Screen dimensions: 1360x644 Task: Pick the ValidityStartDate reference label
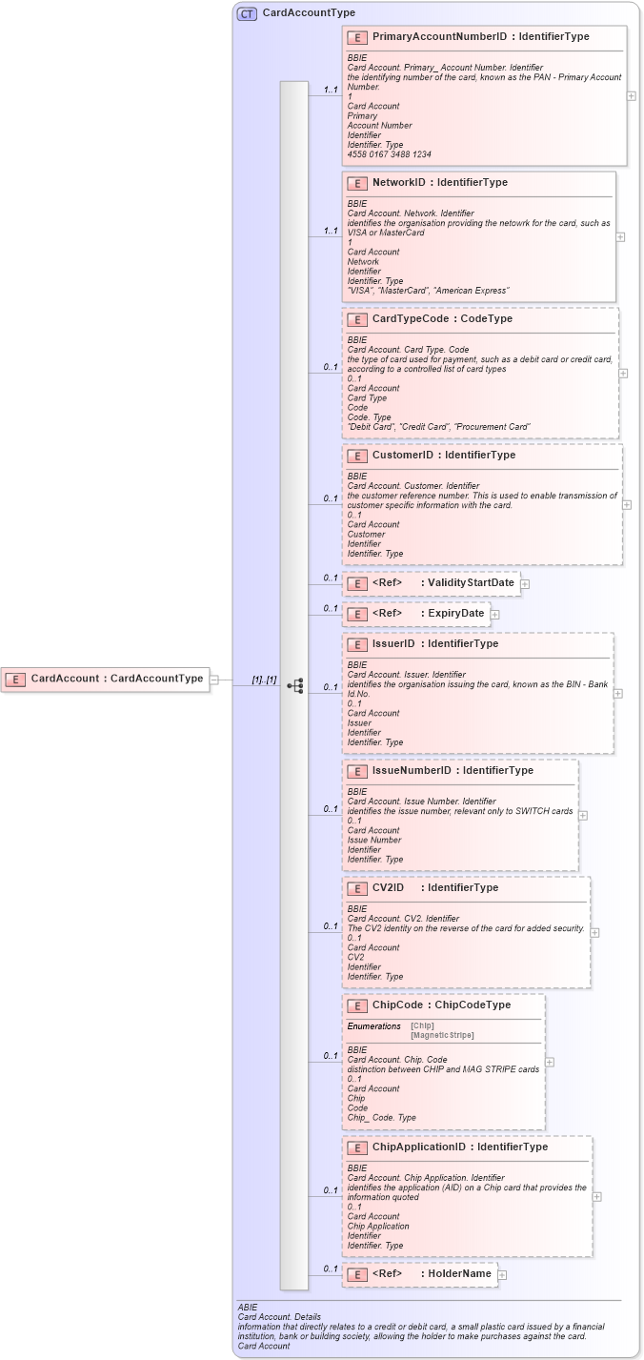coord(471,583)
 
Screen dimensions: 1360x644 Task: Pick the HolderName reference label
coord(459,1274)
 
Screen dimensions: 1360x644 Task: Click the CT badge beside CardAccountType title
coord(247,13)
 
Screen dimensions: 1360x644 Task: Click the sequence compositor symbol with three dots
coord(294,685)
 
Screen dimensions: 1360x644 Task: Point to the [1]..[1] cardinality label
coord(264,680)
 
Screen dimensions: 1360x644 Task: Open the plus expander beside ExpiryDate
coord(494,615)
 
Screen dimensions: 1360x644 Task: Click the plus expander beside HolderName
coord(502,1275)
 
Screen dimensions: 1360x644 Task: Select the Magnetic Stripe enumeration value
coord(442,1035)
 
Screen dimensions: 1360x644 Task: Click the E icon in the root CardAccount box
coord(15,679)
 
